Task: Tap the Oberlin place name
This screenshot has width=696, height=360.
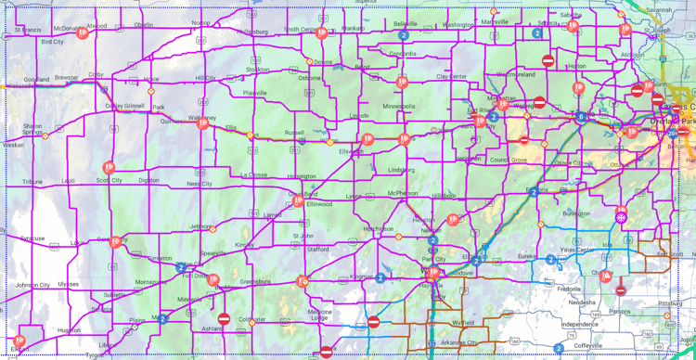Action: (x=143, y=25)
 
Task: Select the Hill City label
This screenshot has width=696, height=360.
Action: (x=205, y=78)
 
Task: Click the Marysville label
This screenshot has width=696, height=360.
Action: (x=495, y=22)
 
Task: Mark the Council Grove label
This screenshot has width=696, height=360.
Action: (x=508, y=160)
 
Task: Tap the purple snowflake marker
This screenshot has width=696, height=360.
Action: (x=622, y=217)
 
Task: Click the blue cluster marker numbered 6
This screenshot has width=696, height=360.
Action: (x=581, y=117)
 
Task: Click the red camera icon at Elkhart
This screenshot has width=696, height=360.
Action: (x=19, y=341)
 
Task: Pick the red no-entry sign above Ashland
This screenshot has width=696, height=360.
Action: (x=224, y=318)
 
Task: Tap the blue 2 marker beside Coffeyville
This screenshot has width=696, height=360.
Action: (x=559, y=349)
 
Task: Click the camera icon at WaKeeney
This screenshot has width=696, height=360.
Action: (x=203, y=122)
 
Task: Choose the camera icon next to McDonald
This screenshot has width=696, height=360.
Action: (x=83, y=33)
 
